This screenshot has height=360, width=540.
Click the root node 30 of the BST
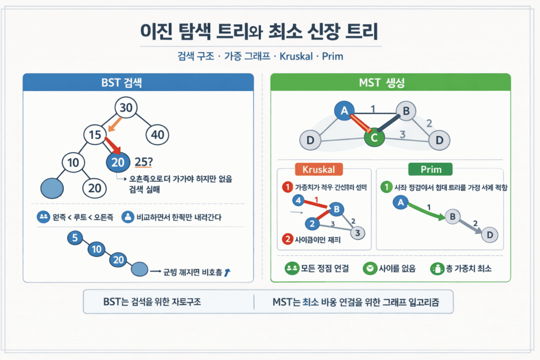tap(126, 108)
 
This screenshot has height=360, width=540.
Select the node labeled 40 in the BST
tap(157, 134)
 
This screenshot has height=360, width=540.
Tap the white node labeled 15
tap(95, 135)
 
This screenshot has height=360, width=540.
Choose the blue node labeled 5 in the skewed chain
tap(75, 238)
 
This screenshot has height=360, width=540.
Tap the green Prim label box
tap(431, 170)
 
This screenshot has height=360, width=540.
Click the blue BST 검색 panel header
tap(139, 83)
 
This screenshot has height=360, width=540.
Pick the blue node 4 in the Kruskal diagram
tap(298, 200)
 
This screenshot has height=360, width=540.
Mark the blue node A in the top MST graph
tap(344, 110)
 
